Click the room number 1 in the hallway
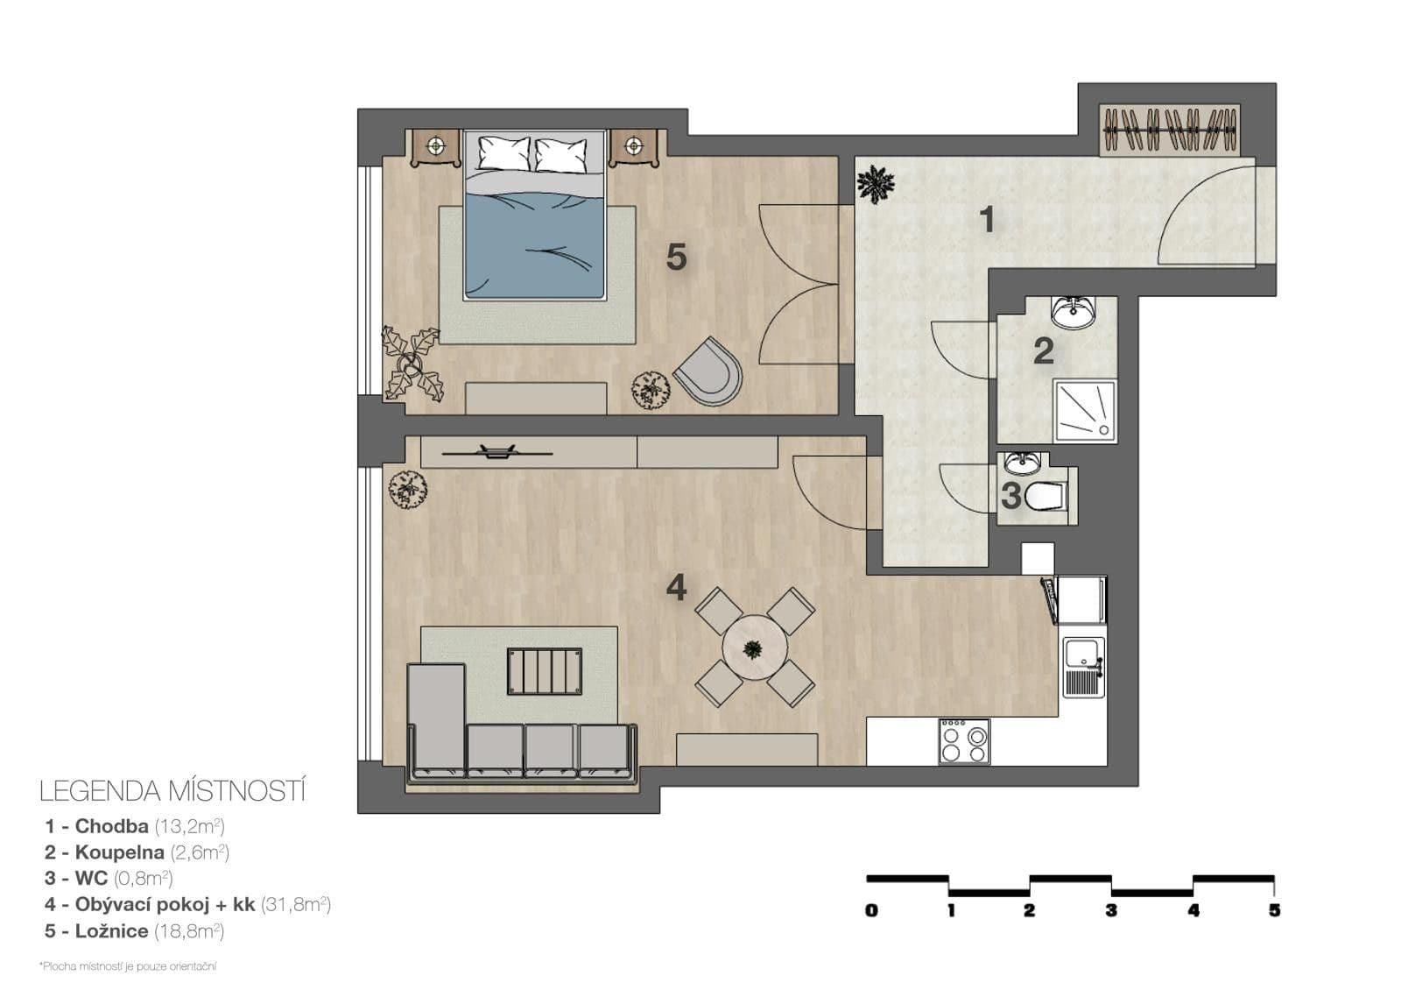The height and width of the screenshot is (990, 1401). coord(987,220)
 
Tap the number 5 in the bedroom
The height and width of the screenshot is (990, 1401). coord(676,258)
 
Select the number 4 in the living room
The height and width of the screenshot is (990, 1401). coord(676,587)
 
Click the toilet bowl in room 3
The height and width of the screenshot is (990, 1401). coord(1045,496)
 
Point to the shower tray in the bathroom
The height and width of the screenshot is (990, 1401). coord(1085,410)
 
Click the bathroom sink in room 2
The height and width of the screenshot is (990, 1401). coord(1073,311)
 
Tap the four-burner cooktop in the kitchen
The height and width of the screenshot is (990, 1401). coord(964,741)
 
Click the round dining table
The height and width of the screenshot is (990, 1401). coord(754,649)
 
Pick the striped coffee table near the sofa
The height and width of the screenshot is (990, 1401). coord(544,671)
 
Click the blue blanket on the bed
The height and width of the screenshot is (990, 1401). coord(534,245)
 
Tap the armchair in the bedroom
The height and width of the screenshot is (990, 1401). coord(709,373)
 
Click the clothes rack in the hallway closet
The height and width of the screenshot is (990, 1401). coord(1170,129)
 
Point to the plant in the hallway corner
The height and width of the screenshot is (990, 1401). coord(876,184)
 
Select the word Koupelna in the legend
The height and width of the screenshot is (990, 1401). coord(119,852)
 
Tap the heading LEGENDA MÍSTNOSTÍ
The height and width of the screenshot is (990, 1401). coord(172,791)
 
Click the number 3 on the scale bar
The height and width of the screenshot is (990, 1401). coord(1111,911)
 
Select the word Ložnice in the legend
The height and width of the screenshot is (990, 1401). coord(111,931)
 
